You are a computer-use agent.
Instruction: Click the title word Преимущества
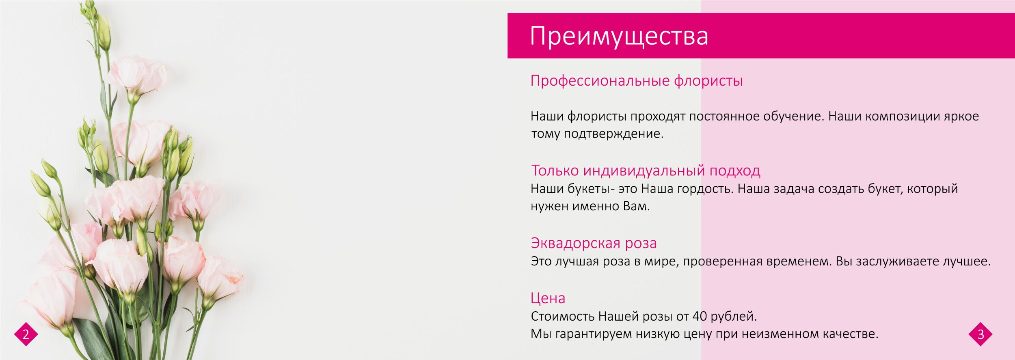tap(619, 37)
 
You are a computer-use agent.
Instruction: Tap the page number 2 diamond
tap(26, 334)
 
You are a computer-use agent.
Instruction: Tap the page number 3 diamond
tap(980, 334)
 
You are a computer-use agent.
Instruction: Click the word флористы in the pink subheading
tap(708, 81)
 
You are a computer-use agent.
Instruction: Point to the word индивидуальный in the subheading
tap(644, 170)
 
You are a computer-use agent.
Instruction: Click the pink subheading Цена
tap(548, 298)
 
